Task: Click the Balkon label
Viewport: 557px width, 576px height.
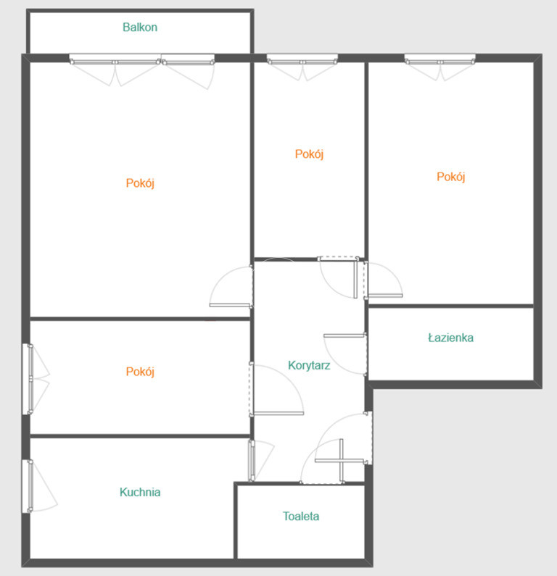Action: click(x=140, y=28)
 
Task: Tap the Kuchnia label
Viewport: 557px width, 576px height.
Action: click(x=140, y=492)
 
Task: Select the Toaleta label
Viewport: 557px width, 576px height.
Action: click(x=301, y=516)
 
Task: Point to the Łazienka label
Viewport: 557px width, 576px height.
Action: click(x=450, y=338)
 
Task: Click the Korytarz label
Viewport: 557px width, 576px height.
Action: click(x=309, y=365)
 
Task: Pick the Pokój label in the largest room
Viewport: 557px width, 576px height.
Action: click(x=140, y=183)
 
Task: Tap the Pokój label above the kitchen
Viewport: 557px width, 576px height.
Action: click(x=140, y=372)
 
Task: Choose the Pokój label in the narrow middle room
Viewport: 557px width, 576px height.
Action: click(x=309, y=154)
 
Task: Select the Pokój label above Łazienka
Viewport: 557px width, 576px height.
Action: click(x=450, y=177)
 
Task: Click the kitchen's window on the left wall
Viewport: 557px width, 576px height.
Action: click(x=28, y=485)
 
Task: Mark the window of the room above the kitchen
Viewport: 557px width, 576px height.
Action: click(x=28, y=379)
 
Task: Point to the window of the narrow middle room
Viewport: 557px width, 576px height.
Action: click(x=302, y=59)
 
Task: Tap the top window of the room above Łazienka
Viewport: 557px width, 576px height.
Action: click(x=440, y=59)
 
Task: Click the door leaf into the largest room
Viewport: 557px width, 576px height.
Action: click(x=231, y=305)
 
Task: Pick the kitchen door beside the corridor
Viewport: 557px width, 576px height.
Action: click(x=252, y=461)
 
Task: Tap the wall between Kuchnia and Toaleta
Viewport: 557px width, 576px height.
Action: click(x=235, y=521)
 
